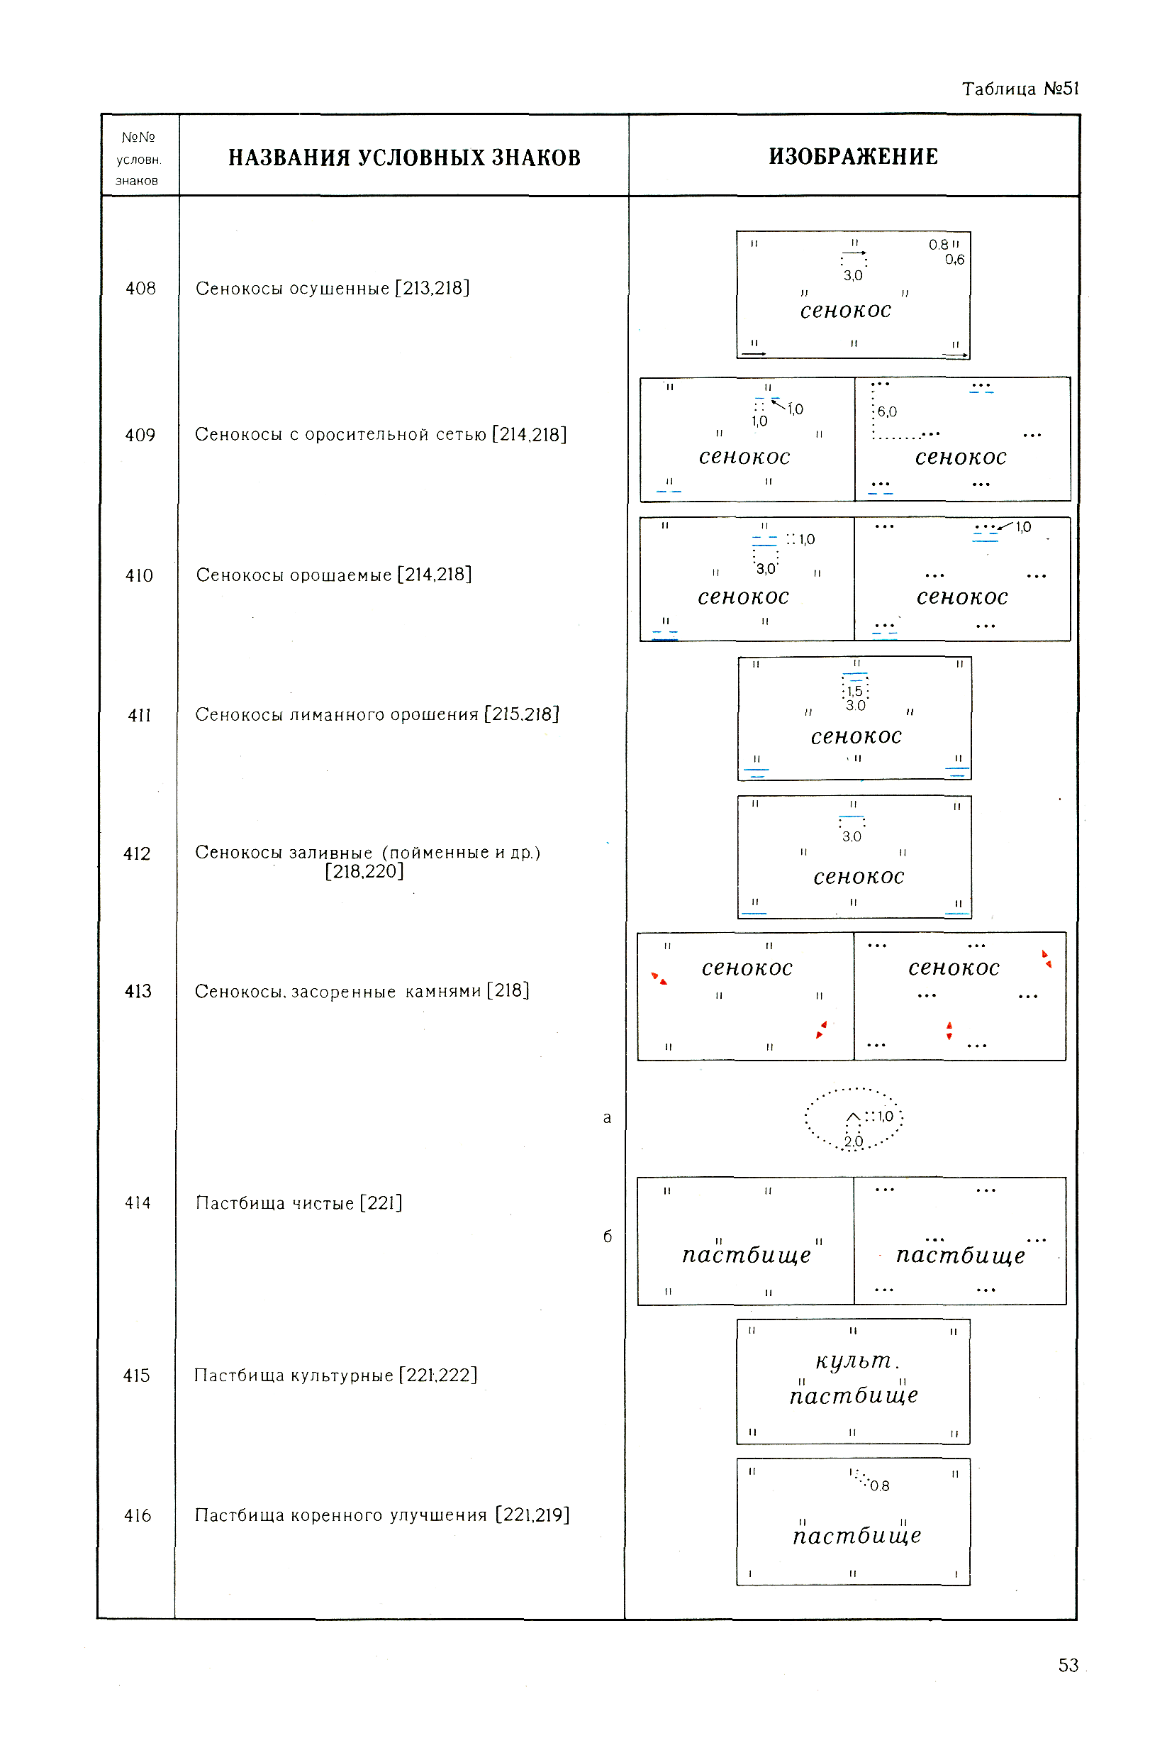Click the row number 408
coord(140,289)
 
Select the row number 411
coord(140,716)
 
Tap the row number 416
coord(138,1515)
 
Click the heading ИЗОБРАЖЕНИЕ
coord(853,156)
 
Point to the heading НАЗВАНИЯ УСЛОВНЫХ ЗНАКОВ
coord(403,157)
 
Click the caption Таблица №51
coord(1020,89)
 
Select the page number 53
coord(1068,1665)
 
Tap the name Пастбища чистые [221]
coord(299,1203)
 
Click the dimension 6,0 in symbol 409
coord(887,412)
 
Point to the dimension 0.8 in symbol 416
coord(880,1486)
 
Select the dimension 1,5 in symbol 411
coord(854,691)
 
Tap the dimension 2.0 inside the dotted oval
coord(854,1141)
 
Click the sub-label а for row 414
coord(607,1118)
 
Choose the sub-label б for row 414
coord(607,1236)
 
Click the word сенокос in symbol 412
coord(859,876)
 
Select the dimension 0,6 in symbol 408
coord(954,260)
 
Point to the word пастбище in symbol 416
coord(856,1536)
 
